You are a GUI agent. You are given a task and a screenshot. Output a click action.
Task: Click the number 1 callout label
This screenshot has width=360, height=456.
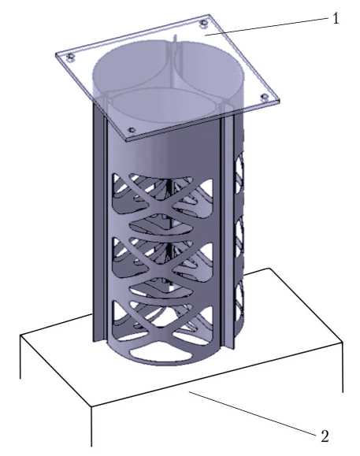coord(336,19)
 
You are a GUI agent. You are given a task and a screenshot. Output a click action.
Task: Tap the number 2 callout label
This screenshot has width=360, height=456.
coord(325,436)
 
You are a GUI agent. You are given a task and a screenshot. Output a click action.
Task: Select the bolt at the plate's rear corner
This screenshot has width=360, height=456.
coord(204,24)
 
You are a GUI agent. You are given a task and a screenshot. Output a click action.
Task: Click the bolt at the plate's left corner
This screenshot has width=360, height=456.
coord(70,57)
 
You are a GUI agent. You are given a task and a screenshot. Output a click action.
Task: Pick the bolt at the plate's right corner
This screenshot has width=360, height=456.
coord(265,97)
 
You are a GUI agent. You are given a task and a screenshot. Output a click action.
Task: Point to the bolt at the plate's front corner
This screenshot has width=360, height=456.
coord(132,130)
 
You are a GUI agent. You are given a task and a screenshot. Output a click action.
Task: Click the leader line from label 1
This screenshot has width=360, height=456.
coord(267,27)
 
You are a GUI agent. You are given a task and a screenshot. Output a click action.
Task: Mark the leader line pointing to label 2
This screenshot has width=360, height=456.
coord(252,413)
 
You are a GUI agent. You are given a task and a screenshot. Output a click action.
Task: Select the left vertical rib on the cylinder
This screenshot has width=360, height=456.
coord(99,221)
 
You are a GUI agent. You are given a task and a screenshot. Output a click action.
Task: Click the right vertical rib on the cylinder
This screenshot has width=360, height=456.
coord(228,232)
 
